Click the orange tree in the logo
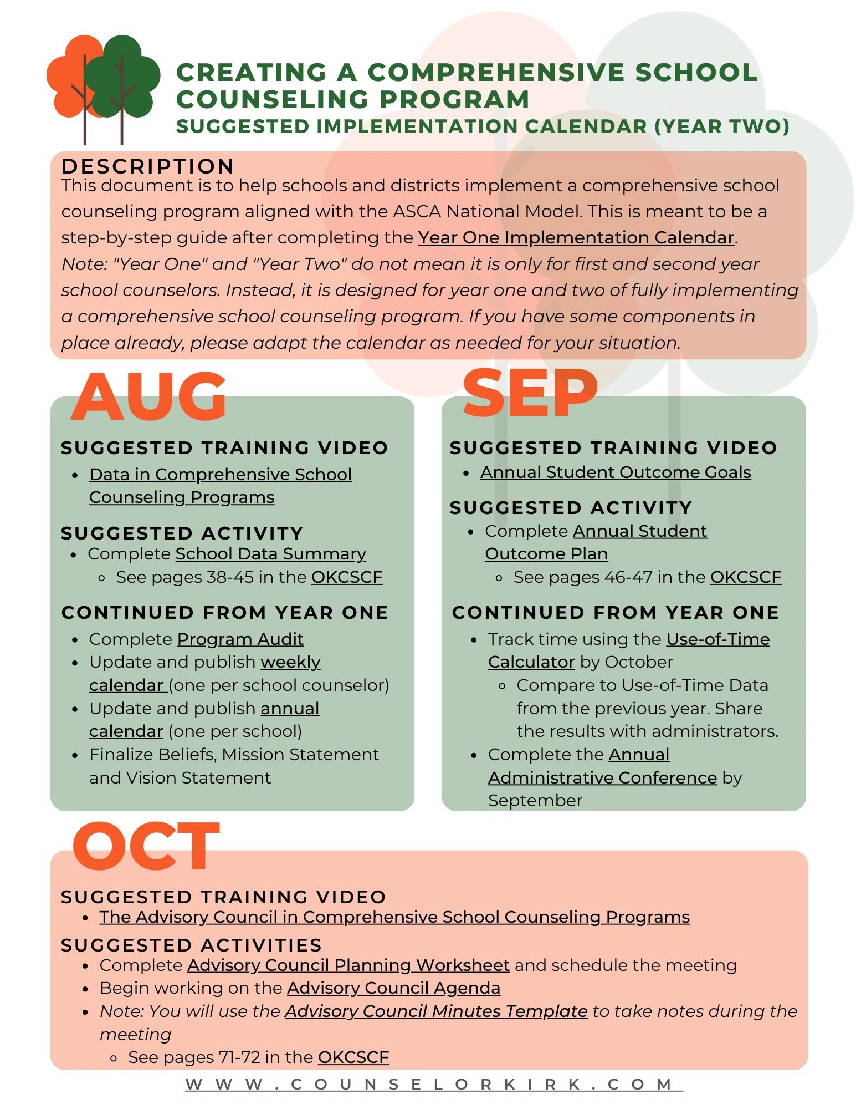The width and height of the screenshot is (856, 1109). tap(69, 78)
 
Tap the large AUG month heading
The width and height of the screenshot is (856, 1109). tap(148, 396)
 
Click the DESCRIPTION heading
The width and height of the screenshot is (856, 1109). tap(147, 166)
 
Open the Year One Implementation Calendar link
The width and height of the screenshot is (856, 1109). tap(576, 237)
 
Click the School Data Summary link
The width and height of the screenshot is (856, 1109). tap(270, 554)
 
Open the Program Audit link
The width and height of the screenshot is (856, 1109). tap(240, 639)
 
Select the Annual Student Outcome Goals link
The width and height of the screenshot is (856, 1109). tap(615, 472)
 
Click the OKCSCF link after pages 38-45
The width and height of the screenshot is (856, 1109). tap(347, 577)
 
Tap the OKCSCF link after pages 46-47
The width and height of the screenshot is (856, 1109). tap(745, 577)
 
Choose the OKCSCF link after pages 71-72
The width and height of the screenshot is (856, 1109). tap(353, 1057)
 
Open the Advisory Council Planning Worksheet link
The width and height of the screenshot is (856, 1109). tap(348, 965)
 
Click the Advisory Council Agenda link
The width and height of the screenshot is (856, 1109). tap(393, 988)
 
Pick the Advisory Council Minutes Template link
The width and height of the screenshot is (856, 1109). tap(436, 1011)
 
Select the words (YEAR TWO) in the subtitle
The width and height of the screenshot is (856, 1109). tap(721, 126)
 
